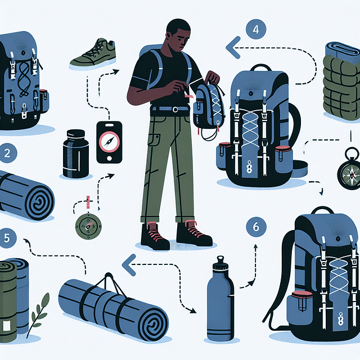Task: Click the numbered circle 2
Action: tap(6, 152)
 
